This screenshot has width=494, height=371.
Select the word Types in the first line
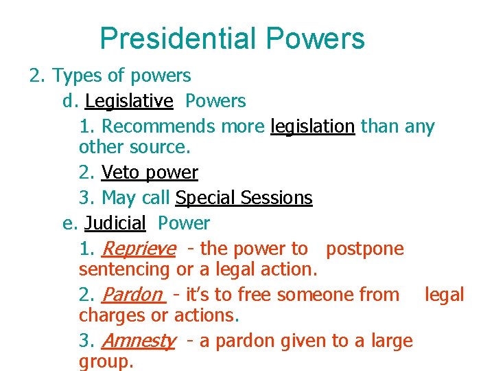pos(78,75)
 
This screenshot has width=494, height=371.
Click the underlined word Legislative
pos(129,101)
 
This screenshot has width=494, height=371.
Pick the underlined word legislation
pos(312,126)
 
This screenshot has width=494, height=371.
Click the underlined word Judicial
pos(115,223)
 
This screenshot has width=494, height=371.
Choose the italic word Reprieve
pos(138,249)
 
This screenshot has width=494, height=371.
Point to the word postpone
pos(365,249)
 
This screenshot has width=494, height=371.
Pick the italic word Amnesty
pos(139,341)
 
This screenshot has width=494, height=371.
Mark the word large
pos(390,341)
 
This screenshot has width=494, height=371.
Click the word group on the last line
pos(104,361)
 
